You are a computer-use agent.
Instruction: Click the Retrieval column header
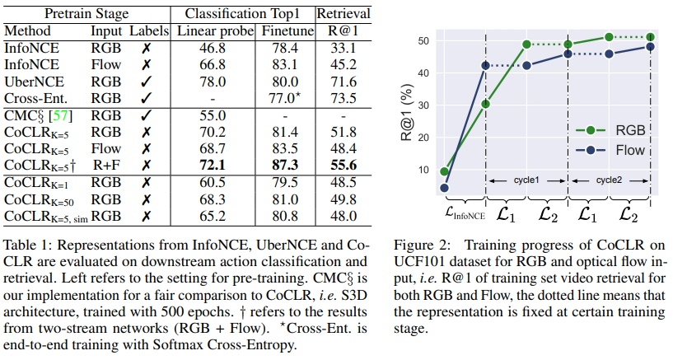[x=344, y=13]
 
